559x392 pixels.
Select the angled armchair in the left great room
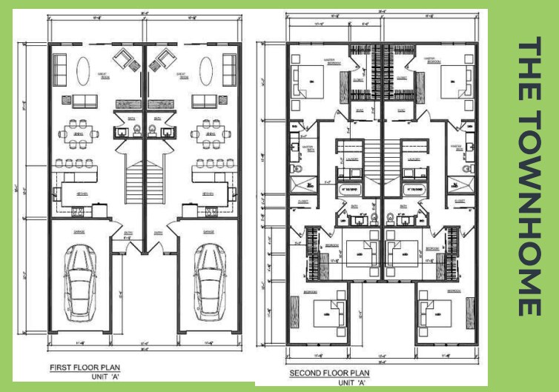click(124, 59)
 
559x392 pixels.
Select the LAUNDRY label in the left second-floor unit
click(351, 158)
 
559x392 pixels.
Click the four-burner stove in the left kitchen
click(77, 213)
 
